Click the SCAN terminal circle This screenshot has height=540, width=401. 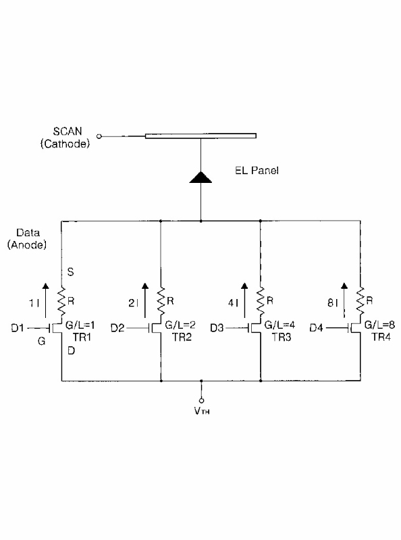click(99, 136)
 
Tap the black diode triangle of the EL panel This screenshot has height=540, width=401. click(200, 177)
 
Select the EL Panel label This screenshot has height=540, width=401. click(257, 171)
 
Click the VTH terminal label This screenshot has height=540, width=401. click(202, 410)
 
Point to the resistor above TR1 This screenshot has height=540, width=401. click(61, 302)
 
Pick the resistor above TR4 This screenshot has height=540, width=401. click(360, 302)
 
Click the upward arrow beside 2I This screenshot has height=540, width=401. click(145, 300)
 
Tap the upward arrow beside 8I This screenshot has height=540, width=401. click(344, 300)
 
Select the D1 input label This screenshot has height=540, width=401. click(18, 328)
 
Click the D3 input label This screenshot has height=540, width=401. click(217, 328)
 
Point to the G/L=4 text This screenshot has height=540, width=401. click(279, 325)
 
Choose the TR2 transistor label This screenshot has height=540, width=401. click(182, 337)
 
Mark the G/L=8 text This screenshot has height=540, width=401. click(379, 325)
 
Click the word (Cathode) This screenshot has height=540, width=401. click(65, 144)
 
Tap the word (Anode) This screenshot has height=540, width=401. click(27, 245)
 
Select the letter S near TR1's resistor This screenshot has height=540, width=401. click(70, 272)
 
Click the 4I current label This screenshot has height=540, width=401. click(233, 303)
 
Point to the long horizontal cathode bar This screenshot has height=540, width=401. click(201, 136)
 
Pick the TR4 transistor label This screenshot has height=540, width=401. click(381, 337)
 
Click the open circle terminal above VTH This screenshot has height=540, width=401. click(202, 400)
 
